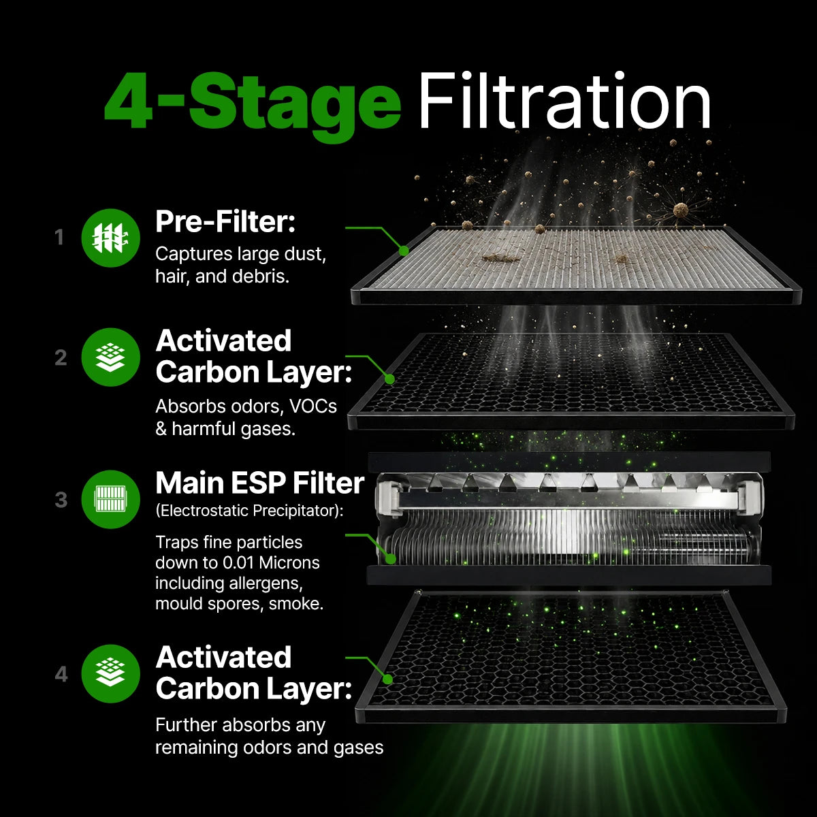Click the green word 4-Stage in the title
click(253, 106)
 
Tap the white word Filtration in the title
click(564, 100)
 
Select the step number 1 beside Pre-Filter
click(59, 238)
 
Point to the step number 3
click(61, 500)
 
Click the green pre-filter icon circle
click(111, 238)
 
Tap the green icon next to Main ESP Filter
click(111, 499)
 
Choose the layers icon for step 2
click(111, 357)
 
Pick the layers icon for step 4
click(111, 674)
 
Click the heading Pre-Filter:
click(225, 222)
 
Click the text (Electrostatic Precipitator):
click(249, 511)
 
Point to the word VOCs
click(313, 406)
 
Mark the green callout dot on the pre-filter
click(404, 251)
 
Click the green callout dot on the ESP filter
click(391, 559)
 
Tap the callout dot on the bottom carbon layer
click(387, 679)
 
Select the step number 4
click(61, 674)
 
